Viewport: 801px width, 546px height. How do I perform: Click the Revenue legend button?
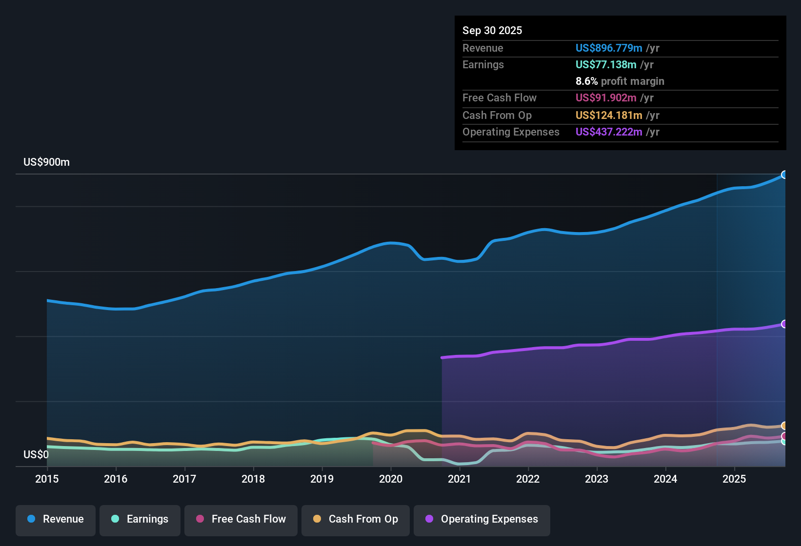56,519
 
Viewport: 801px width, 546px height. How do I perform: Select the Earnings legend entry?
140,519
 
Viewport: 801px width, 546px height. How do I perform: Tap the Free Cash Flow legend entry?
241,519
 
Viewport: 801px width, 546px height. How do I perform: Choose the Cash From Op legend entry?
356,519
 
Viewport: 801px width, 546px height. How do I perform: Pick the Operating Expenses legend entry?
482,519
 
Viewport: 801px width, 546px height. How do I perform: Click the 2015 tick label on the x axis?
47,479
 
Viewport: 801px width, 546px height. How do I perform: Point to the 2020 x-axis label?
391,479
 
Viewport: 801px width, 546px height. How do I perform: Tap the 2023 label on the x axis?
597,479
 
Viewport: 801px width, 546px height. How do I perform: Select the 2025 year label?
734,479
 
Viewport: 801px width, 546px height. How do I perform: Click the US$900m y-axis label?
46,162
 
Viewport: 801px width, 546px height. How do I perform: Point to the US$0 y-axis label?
36,455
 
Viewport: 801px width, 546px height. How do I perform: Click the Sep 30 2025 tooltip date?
492,31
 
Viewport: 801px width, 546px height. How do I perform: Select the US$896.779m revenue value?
609,48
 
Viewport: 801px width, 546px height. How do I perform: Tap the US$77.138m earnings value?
606,65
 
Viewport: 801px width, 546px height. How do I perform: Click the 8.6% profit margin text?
620,81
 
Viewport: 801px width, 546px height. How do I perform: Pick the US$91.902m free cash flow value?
606,98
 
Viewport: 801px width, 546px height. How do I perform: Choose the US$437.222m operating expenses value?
609,132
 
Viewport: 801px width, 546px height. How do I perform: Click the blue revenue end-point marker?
784,175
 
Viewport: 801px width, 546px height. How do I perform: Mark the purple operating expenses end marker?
784,324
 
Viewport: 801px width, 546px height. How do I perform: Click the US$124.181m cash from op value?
609,116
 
